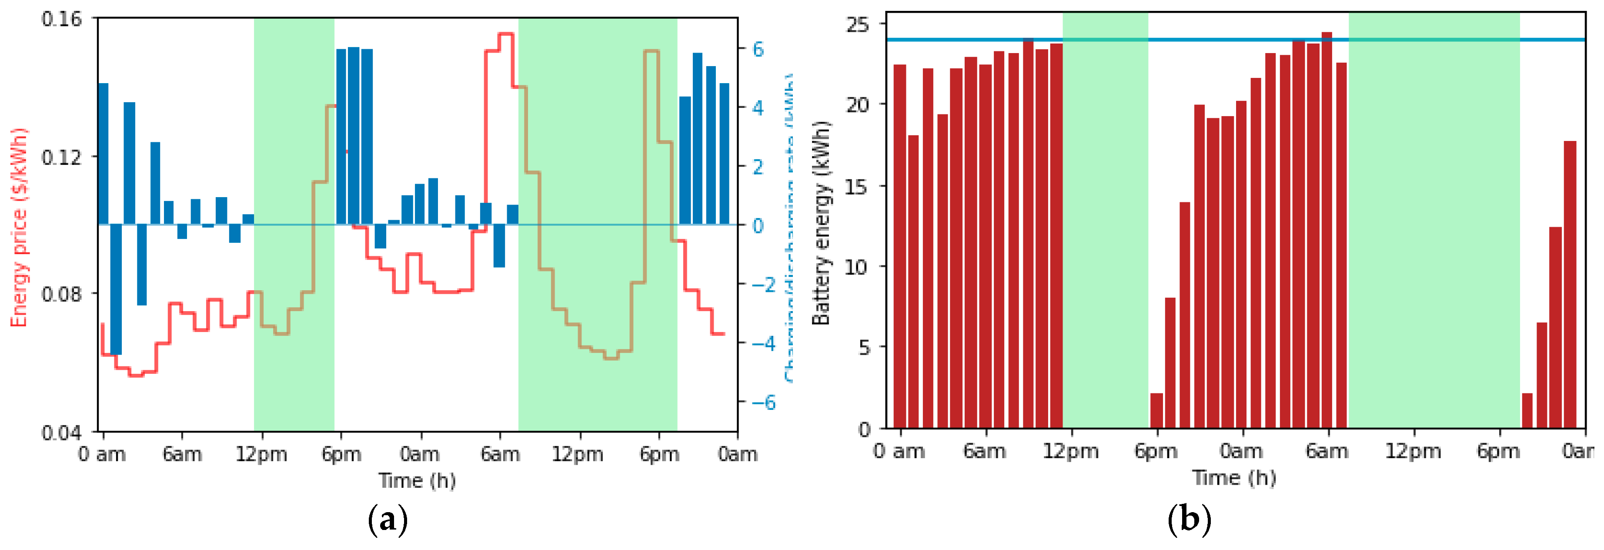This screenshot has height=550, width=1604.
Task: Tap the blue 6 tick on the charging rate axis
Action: coord(757,49)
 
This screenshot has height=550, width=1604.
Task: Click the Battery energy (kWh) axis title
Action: coord(821,222)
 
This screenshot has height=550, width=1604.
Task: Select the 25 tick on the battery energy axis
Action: coord(857,25)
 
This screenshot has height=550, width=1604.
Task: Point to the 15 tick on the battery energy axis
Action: coord(857,186)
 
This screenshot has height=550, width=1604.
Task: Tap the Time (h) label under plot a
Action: coord(417,481)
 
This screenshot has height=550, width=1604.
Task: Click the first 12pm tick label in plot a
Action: coord(261,455)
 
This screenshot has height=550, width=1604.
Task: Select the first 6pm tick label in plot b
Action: coord(1156,451)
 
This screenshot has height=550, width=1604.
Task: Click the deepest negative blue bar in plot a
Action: coord(116,290)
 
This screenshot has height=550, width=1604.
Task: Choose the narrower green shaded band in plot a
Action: coord(294,224)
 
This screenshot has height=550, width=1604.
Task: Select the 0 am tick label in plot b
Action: coord(899,451)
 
